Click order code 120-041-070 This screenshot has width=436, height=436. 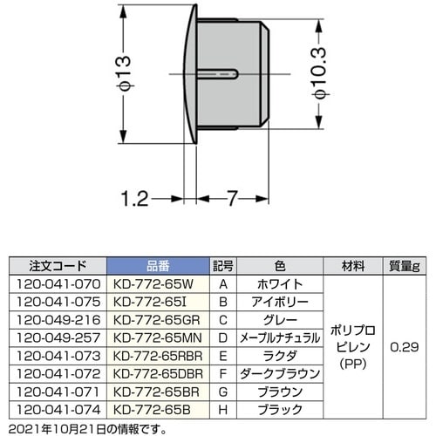57,284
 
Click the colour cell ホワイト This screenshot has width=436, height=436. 280,284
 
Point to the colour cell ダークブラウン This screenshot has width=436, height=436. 280,375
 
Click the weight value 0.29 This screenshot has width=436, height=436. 405,346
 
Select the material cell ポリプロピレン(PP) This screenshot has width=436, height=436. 353,346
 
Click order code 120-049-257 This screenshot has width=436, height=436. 57,339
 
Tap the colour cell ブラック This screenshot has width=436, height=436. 280,409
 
